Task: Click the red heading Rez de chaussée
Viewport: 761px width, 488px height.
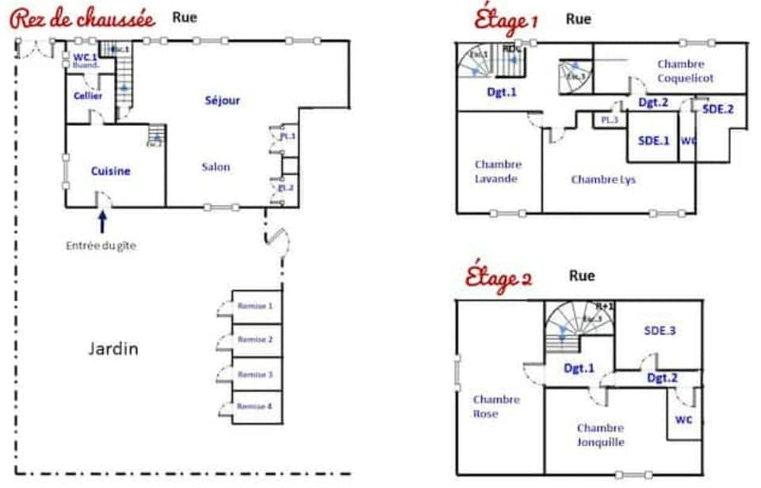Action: tap(82, 19)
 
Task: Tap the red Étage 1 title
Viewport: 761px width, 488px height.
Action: tap(506, 19)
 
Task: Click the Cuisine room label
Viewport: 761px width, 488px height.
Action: tap(110, 170)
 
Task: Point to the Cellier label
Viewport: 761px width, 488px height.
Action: tap(88, 96)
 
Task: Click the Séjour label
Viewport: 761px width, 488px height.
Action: tap(222, 101)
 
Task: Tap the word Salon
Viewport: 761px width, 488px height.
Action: tap(216, 166)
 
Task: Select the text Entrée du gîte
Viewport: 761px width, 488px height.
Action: tap(101, 246)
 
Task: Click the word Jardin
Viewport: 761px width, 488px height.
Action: tap(113, 349)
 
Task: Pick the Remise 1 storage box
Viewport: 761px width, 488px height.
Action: tap(255, 306)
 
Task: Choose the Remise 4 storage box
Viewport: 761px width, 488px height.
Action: tap(255, 406)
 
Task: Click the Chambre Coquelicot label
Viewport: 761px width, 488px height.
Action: tap(686, 71)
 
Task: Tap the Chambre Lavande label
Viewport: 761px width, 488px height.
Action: tap(498, 171)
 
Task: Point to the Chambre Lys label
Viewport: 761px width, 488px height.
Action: tap(603, 180)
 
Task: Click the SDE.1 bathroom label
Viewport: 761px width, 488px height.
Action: tap(654, 140)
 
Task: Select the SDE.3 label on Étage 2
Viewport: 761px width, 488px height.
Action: tap(660, 330)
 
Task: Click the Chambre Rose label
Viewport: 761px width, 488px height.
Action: tap(496, 406)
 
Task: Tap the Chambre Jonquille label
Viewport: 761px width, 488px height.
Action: tap(600, 435)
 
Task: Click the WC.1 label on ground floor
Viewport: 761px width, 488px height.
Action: tap(85, 57)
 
